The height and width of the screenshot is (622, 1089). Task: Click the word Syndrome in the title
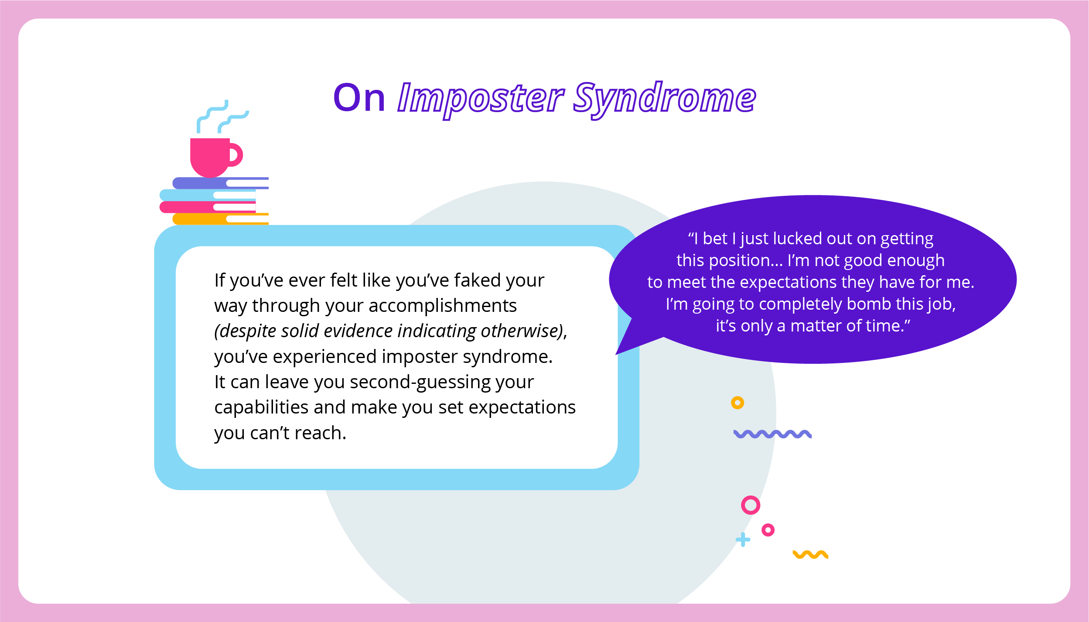[664, 99]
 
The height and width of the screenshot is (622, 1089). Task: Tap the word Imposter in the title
[481, 99]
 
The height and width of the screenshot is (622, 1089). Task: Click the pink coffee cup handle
[236, 154]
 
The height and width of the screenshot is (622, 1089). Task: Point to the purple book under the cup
[221, 183]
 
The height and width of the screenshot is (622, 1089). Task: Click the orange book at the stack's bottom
[221, 219]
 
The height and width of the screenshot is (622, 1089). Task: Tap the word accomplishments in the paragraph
[443, 306]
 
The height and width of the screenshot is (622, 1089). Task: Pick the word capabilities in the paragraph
[262, 408]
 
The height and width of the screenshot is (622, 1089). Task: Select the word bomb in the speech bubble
[869, 304]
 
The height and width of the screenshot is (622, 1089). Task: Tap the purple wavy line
[772, 434]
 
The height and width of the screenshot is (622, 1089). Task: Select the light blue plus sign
[743, 540]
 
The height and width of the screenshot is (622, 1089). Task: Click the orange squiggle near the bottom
[810, 554]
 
